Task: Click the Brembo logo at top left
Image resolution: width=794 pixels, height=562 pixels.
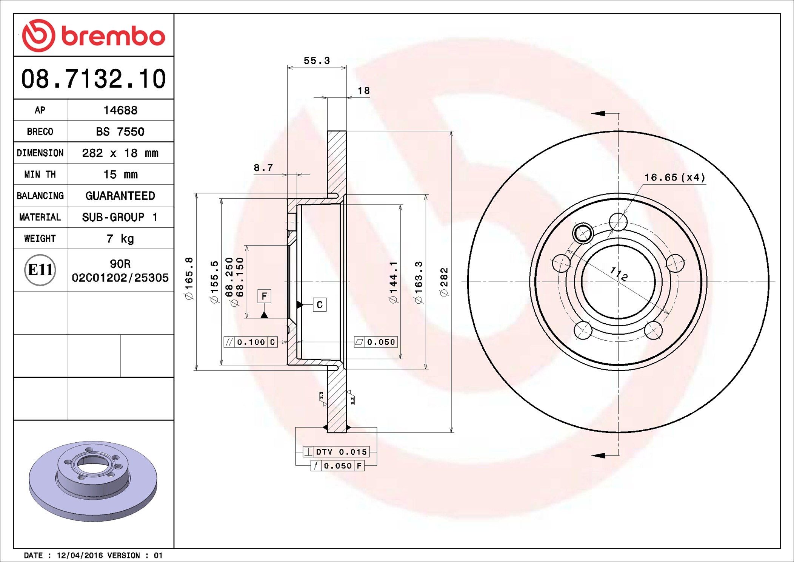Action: (x=93, y=36)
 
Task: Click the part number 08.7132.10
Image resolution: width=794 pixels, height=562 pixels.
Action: (x=93, y=79)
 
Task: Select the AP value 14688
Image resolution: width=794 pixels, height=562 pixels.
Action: (x=120, y=110)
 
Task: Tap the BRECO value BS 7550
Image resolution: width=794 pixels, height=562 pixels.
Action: (x=120, y=132)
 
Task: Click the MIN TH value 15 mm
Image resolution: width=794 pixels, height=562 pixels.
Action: (x=120, y=174)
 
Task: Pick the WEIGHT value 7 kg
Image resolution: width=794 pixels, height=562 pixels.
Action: (x=120, y=239)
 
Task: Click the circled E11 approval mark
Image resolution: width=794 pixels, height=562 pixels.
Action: (x=40, y=270)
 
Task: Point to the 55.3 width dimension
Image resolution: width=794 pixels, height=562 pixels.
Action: (x=317, y=61)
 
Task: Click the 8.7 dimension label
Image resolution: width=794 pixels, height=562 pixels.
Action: (x=263, y=168)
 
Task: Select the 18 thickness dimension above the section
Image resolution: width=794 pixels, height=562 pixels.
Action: (x=363, y=91)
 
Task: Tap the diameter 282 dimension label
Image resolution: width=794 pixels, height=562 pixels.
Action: (x=445, y=282)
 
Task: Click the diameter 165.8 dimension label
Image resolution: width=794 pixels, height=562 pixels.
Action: (x=189, y=278)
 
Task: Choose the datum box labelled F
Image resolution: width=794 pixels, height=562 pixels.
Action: (x=264, y=296)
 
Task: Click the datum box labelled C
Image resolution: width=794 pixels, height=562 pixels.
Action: (x=319, y=305)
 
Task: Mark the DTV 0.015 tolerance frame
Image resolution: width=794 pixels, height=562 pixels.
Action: (x=336, y=452)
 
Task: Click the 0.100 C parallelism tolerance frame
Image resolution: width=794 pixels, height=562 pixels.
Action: (x=251, y=342)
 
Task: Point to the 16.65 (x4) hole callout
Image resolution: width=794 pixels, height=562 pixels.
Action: (x=674, y=178)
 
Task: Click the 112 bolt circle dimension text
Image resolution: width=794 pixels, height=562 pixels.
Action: (x=619, y=273)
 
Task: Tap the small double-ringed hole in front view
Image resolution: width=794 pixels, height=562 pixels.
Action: (x=583, y=233)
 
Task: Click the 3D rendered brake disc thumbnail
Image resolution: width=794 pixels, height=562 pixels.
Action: (x=93, y=481)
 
